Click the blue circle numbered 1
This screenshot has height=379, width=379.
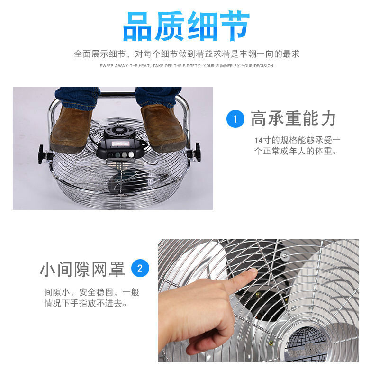[235, 119]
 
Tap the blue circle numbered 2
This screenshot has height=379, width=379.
[140, 268]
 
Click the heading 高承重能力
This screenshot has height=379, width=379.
[293, 118]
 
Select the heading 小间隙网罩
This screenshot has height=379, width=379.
[82, 269]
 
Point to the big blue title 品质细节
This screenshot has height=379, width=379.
[186, 26]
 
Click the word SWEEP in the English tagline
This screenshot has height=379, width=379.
[106, 66]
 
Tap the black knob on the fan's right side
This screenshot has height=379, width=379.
[198, 152]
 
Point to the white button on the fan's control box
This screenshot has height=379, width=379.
[131, 154]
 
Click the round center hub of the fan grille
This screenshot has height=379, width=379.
[306, 343]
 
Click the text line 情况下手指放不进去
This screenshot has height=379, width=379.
[86, 303]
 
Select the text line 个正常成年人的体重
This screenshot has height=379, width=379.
[295, 151]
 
